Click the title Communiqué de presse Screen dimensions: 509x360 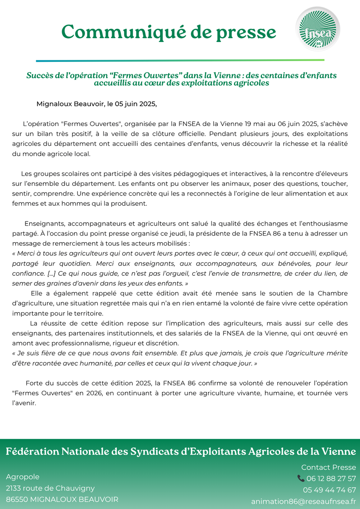coord(169,31)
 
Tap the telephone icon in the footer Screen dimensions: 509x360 coord(301,478)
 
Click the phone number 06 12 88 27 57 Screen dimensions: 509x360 coord(331,478)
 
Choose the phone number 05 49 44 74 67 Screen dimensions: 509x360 coord(329,490)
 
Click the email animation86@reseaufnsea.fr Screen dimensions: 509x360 coord(304,501)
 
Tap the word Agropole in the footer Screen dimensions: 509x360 coord(22,477)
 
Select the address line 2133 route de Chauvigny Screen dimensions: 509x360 coord(50,488)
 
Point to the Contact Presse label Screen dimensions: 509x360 coord(328,467)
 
